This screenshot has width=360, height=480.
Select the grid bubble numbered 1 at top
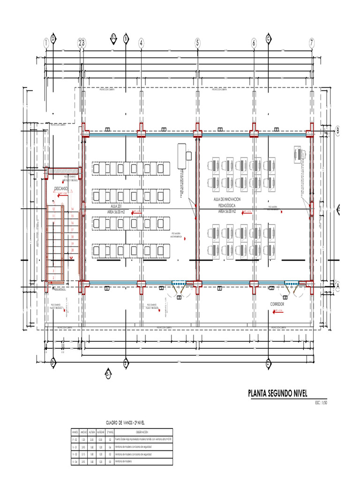tap(46, 43)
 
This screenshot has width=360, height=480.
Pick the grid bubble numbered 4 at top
tap(141, 43)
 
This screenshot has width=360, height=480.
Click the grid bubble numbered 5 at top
tap(198, 43)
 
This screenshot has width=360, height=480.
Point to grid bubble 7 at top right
tap(311, 43)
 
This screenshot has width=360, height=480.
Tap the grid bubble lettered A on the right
tap(337, 284)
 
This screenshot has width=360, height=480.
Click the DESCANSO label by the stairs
tap(61, 188)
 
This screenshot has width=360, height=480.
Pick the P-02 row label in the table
tap(75, 439)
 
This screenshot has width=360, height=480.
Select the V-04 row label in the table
tap(75, 462)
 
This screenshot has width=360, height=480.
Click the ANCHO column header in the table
tap(84, 432)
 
